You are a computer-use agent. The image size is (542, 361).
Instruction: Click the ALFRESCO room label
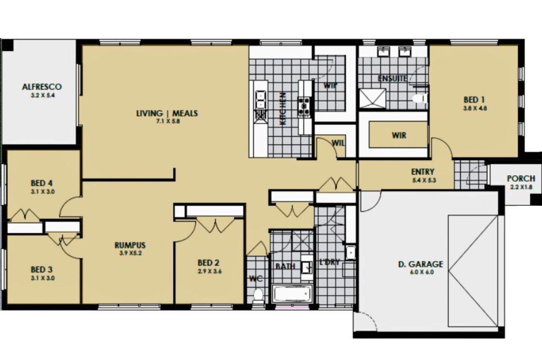[x=42, y=87]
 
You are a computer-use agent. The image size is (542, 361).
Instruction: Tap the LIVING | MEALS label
[x=167, y=113]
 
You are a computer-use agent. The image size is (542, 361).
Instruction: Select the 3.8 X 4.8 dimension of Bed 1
[x=475, y=108]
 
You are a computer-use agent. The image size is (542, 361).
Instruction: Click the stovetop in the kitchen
[x=304, y=106]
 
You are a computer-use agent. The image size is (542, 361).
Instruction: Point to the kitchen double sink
[x=260, y=100]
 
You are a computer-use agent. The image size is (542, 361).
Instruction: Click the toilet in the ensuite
[x=420, y=99]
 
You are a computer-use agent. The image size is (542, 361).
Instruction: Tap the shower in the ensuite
[x=372, y=99]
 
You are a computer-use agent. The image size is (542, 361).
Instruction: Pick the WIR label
[x=399, y=135]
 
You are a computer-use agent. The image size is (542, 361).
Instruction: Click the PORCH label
[x=521, y=179]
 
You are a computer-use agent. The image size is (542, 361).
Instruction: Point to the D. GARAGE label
[x=421, y=264]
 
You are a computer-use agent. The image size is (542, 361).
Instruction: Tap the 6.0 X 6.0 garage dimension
[x=422, y=272]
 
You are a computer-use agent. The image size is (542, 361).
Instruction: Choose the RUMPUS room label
[x=130, y=245]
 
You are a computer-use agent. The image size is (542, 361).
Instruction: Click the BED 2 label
[x=208, y=263]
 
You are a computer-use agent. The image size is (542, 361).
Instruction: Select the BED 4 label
[x=42, y=183]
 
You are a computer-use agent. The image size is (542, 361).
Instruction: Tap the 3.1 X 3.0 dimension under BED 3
[x=43, y=278]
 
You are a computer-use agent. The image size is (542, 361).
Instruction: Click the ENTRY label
[x=423, y=172]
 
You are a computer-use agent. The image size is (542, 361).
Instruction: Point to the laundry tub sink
[x=350, y=252]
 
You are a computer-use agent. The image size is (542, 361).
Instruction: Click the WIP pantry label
[x=330, y=86]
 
